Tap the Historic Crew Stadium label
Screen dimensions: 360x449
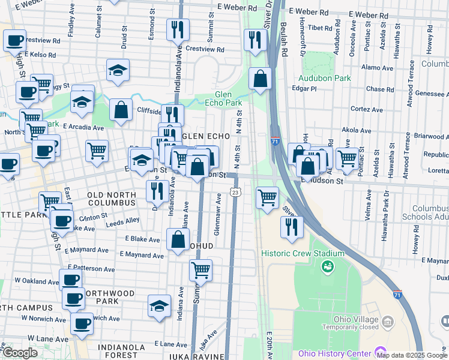[298, 253]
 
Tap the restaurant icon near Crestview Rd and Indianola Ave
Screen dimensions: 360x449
[178, 29]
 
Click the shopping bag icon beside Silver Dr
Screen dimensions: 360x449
[260, 78]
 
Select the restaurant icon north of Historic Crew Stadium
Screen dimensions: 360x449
[292, 227]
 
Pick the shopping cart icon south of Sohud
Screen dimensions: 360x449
[200, 269]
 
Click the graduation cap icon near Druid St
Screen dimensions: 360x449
[118, 70]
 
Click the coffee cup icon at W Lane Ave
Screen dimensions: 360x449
[82, 323]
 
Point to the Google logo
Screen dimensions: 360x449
[20, 353]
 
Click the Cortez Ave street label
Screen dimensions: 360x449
[366, 110]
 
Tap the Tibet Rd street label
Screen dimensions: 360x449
[320, 28]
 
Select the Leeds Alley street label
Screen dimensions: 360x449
[123, 221]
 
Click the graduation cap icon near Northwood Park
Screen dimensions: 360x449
[158, 306]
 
